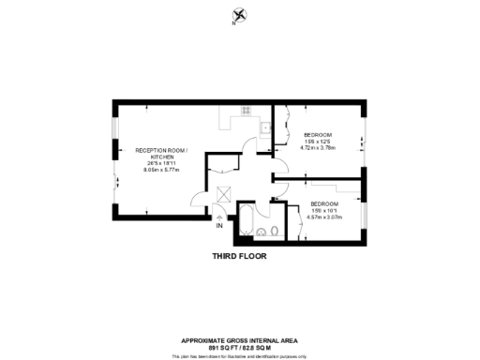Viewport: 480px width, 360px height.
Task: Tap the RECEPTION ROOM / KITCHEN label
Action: pos(161,154)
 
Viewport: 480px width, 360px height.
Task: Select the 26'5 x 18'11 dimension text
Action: pos(161,164)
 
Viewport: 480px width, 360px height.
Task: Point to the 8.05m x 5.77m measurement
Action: pos(161,171)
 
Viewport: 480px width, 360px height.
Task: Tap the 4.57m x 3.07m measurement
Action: pos(326,217)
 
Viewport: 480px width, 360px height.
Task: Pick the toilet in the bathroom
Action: pos(275,229)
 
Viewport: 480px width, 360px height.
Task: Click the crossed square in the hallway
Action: pos(224,194)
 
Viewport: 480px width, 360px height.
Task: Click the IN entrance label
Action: pos(218,226)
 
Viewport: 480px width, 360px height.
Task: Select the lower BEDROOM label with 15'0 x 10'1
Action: pos(324,203)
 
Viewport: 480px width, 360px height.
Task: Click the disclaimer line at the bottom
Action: pos(240,355)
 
